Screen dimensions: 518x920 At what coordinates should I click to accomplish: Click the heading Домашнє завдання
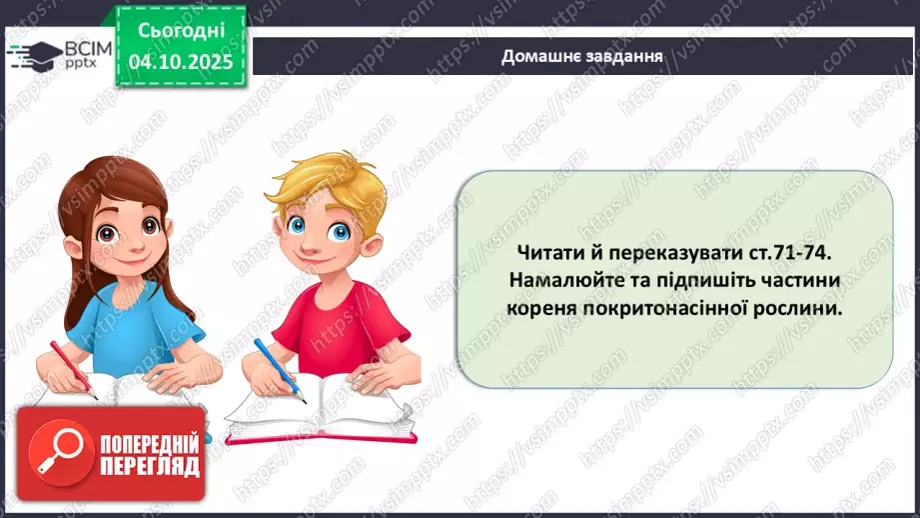point(582,55)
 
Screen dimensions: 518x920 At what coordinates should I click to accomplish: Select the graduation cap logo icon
point(32,54)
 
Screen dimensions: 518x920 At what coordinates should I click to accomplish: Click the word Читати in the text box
point(552,254)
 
